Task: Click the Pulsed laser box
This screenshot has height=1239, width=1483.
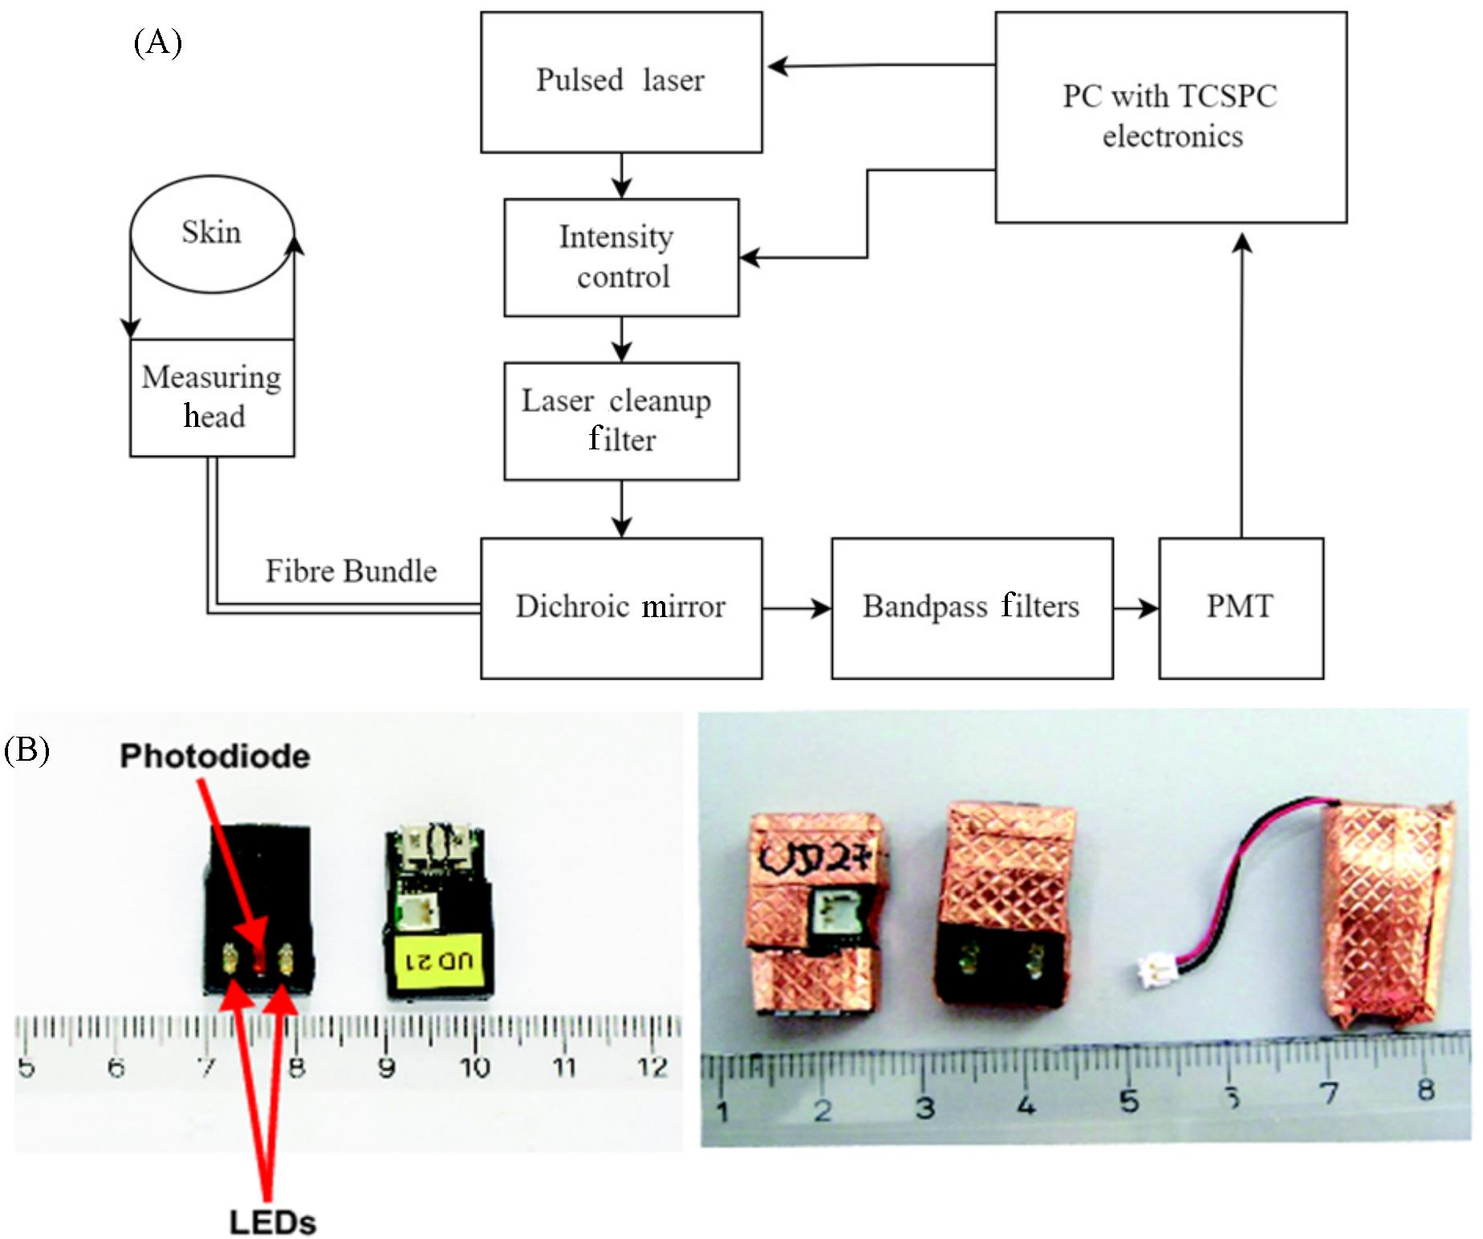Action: coord(621,82)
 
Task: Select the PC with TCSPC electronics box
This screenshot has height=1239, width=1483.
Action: coord(1170,117)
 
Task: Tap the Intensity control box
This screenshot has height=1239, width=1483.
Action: coord(621,258)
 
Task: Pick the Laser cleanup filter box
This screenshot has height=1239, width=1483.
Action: coord(621,421)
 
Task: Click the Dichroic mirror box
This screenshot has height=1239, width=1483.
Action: coord(621,607)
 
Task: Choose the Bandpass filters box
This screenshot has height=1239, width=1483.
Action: coord(971,607)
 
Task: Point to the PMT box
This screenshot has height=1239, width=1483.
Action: coord(1240,607)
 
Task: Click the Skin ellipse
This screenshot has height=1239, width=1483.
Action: coord(212,234)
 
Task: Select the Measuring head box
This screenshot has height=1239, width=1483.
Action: coord(212,398)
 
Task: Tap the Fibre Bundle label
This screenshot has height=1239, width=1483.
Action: coord(351,571)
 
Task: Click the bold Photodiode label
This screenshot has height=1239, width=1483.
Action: coord(214,756)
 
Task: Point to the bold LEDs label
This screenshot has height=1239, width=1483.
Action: coord(272,1222)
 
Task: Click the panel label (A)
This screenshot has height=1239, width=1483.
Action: coord(157,42)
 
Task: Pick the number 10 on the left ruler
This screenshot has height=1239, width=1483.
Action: coord(474,1067)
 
